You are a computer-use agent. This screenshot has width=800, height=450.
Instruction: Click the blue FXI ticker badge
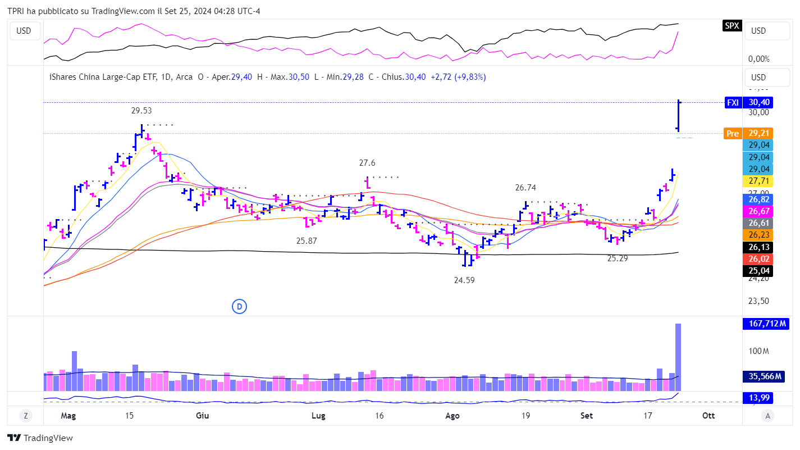[733, 102]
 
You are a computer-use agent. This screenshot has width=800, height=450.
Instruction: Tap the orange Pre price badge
[733, 134]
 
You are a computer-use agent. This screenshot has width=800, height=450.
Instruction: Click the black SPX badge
[732, 25]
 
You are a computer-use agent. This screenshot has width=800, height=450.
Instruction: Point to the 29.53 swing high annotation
[141, 111]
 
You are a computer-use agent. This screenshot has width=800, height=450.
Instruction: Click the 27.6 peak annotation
[367, 163]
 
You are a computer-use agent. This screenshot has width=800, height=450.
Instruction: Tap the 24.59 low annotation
[464, 280]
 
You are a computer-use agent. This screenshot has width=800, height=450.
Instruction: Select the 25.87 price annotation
[307, 240]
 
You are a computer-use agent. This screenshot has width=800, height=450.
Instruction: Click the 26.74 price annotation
[526, 188]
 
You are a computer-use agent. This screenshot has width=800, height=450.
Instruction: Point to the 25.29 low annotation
[618, 258]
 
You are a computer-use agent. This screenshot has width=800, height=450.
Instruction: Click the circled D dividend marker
[239, 306]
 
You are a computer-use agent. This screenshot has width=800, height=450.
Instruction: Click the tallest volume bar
[678, 357]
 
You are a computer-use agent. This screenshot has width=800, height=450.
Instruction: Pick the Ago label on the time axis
[452, 416]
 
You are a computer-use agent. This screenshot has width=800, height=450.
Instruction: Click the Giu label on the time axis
[203, 416]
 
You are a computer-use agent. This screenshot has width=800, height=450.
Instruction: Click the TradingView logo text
[48, 438]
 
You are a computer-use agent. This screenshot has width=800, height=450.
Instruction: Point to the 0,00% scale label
[758, 59]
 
